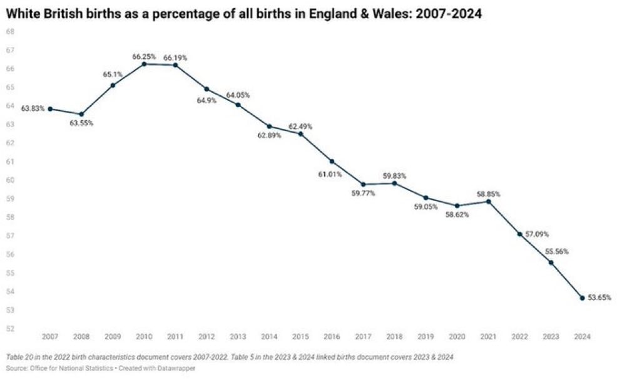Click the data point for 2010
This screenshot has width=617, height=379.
coord(144,64)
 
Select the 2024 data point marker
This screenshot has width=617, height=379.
coord(582,298)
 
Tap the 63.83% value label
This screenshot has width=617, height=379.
coord(33,108)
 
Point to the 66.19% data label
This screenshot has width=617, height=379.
coord(175,58)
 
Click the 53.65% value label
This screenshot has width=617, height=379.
coord(598,298)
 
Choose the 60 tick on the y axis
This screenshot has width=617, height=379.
coord(11,180)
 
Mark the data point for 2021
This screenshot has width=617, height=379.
coord(488,201)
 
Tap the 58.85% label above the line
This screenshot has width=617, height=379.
coord(488,194)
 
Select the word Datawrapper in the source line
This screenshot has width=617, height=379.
coord(178,368)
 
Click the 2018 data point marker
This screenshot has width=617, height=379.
coord(394,183)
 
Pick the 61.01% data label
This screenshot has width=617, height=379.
coord(330,174)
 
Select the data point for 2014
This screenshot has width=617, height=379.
coord(269,127)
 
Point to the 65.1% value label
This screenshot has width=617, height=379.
coord(113,75)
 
